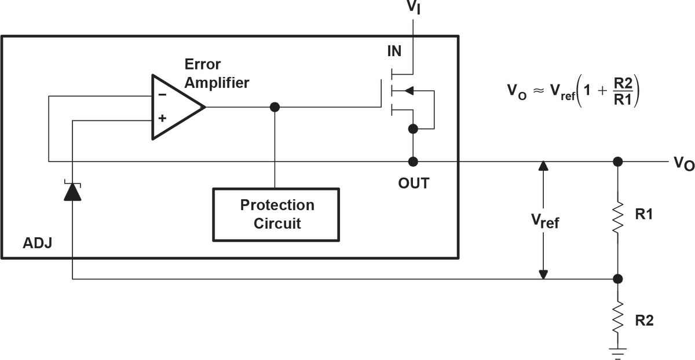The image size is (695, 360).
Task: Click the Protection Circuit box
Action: pyautogui.click(x=276, y=214)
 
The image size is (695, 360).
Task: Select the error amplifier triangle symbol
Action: pyautogui.click(x=174, y=108)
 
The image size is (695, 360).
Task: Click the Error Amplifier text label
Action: pyautogui.click(x=215, y=73)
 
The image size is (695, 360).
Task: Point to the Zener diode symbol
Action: pyautogui.click(x=72, y=192)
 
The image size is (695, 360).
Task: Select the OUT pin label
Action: pyautogui.click(x=413, y=183)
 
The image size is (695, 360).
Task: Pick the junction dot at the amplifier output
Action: pyautogui.click(x=275, y=107)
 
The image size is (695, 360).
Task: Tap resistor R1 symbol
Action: pyautogui.click(x=618, y=217)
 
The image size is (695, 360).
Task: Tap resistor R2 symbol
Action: pyautogui.click(x=618, y=317)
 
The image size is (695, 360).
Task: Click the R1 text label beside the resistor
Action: pyautogui.click(x=644, y=214)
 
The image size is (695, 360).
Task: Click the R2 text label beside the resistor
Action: pyautogui.click(x=644, y=320)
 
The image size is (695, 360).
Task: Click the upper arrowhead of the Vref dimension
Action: pyautogui.click(x=543, y=167)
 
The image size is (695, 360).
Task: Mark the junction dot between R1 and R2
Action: pyautogui.click(x=618, y=279)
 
